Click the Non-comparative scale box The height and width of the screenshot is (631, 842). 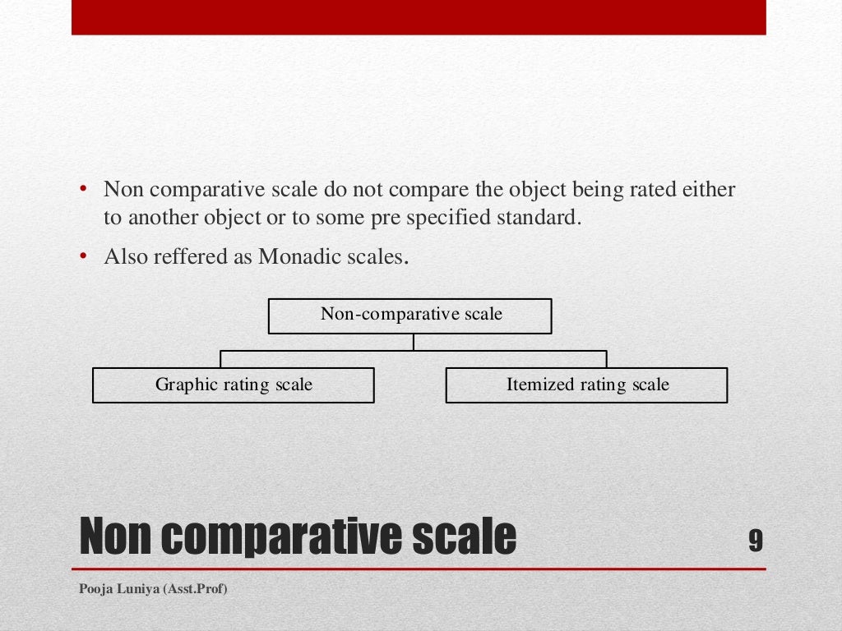409,316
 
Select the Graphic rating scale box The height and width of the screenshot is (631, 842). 234,385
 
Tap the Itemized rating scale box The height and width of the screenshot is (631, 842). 586,385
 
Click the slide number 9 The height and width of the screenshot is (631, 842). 755,541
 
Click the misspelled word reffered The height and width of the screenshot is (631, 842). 186,256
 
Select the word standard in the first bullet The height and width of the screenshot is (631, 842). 539,219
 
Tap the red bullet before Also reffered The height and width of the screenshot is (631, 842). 84,256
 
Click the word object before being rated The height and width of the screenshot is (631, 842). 526,191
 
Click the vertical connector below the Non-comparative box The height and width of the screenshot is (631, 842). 414,342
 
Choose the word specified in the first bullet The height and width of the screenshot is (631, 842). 452,219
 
